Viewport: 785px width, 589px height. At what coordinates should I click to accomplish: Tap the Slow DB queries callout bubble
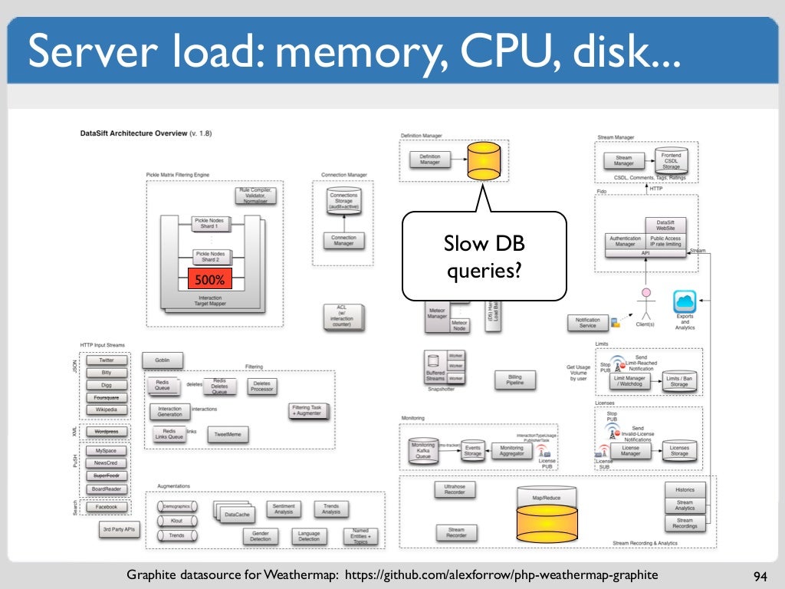[x=484, y=256]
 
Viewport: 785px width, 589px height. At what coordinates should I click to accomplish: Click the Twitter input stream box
[x=107, y=360]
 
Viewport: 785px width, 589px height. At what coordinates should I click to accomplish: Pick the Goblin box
[x=163, y=360]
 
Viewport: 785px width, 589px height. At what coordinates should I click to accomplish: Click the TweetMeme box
[x=228, y=435]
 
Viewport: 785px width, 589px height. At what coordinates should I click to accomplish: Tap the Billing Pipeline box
[x=515, y=379]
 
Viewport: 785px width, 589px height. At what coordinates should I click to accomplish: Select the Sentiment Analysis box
[x=284, y=508]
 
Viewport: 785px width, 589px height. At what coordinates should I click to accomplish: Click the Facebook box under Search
[x=107, y=507]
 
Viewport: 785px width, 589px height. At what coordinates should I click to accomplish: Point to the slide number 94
[x=760, y=575]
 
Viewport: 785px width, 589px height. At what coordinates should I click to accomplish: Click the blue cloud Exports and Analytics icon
[x=685, y=301]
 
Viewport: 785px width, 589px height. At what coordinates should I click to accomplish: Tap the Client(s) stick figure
[x=646, y=304]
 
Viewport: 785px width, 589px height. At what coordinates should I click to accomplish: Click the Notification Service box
[x=587, y=323]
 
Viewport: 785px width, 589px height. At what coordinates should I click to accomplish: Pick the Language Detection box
[x=309, y=536]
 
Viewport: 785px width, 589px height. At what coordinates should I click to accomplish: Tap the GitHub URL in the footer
[x=501, y=575]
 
